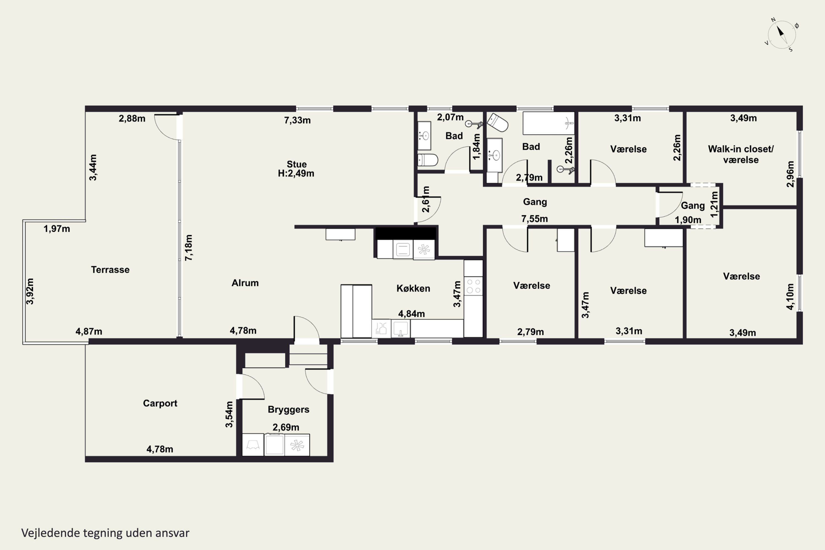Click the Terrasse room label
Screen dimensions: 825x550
click(x=110, y=269)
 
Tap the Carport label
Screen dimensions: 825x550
click(x=160, y=403)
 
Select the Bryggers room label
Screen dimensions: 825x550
click(x=288, y=410)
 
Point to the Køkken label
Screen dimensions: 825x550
click(x=413, y=288)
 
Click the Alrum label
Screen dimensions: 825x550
click(x=245, y=283)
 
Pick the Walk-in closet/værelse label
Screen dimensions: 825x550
click(x=741, y=154)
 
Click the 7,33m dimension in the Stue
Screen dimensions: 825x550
click(x=297, y=120)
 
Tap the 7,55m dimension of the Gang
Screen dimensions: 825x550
click(x=534, y=219)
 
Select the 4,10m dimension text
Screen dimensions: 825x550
click(x=790, y=296)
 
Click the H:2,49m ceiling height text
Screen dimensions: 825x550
click(x=296, y=174)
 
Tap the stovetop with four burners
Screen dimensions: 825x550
click(x=473, y=286)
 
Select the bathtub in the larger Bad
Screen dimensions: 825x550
click(x=549, y=123)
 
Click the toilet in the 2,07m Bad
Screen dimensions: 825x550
click(x=428, y=160)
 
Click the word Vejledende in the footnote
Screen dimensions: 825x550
click(x=51, y=533)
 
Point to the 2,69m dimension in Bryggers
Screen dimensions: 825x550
click(x=286, y=427)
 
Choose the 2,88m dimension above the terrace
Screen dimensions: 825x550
click(x=132, y=119)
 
